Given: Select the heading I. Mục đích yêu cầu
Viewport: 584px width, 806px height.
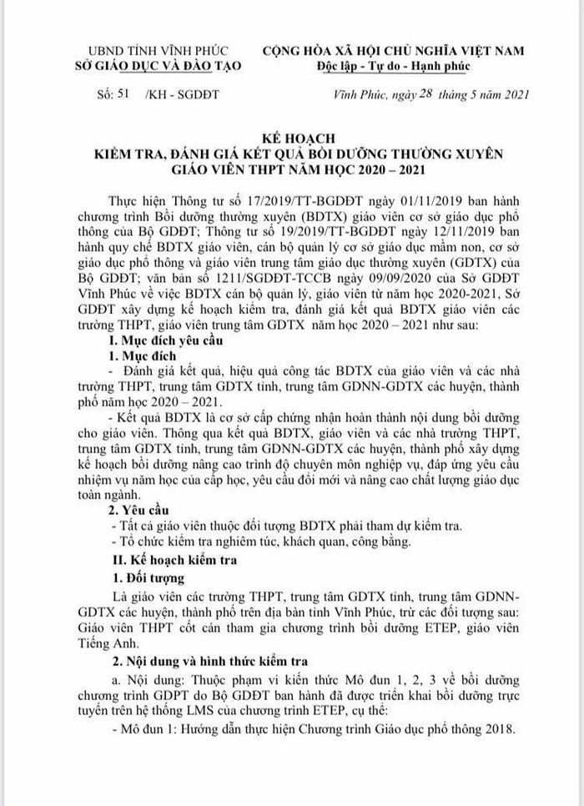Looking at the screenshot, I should [165, 340].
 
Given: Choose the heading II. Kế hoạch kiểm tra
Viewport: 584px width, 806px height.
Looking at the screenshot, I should [174, 560].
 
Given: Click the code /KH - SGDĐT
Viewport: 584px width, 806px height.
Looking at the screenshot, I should [182, 94].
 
